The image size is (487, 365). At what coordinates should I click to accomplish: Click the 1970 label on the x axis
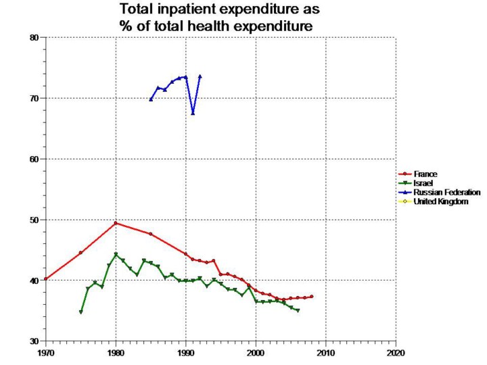coord(46,353)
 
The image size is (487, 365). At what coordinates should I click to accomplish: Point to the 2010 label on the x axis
coord(326,353)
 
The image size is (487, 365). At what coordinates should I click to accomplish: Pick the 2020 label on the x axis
coord(396,353)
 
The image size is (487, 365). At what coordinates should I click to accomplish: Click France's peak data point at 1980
coord(116,223)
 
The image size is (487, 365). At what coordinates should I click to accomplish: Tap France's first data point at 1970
coord(46,278)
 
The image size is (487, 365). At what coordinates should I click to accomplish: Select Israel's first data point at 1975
coord(81,312)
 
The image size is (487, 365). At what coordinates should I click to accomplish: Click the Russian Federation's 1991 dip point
coord(193,113)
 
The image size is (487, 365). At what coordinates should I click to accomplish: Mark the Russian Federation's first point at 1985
coord(151,99)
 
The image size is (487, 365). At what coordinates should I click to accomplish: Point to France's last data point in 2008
coord(312,296)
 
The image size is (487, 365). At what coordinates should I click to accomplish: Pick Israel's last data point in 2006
coord(298,310)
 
